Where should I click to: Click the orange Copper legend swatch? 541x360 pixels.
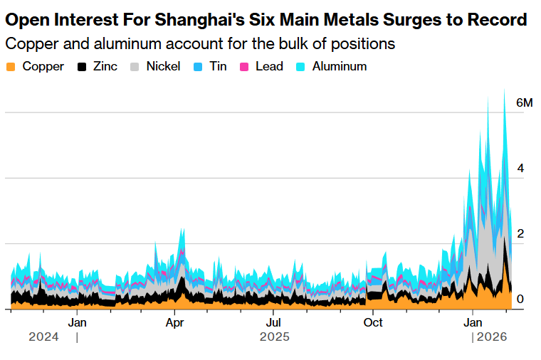pyautogui.click(x=10, y=67)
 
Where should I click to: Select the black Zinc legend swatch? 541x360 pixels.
pyautogui.click(x=82, y=67)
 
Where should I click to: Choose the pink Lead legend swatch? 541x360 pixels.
pyautogui.click(x=243, y=67)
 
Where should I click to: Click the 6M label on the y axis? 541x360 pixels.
pyautogui.click(x=524, y=103)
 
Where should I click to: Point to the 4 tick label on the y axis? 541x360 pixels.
pyautogui.click(x=520, y=169)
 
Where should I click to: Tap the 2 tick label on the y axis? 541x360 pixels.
pyautogui.click(x=520, y=234)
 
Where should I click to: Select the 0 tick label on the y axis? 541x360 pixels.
pyautogui.click(x=520, y=300)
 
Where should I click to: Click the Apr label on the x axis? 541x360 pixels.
pyautogui.click(x=174, y=322)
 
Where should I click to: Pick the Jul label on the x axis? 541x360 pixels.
pyautogui.click(x=273, y=322)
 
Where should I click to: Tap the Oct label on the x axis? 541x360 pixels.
pyautogui.click(x=373, y=322)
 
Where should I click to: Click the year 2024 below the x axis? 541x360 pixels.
pyautogui.click(x=43, y=337)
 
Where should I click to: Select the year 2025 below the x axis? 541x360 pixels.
pyautogui.click(x=274, y=337)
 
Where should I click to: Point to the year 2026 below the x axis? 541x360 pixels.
pyautogui.click(x=491, y=337)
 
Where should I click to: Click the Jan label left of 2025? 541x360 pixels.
pyautogui.click(x=77, y=322)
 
